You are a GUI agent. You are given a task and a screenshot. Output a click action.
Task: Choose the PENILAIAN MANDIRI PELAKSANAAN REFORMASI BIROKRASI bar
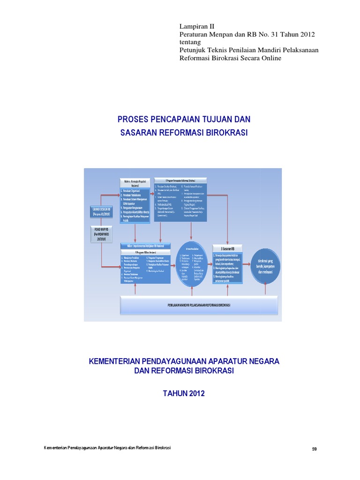tap(202, 305)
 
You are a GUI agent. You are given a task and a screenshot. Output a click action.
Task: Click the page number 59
tap(315, 449)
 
